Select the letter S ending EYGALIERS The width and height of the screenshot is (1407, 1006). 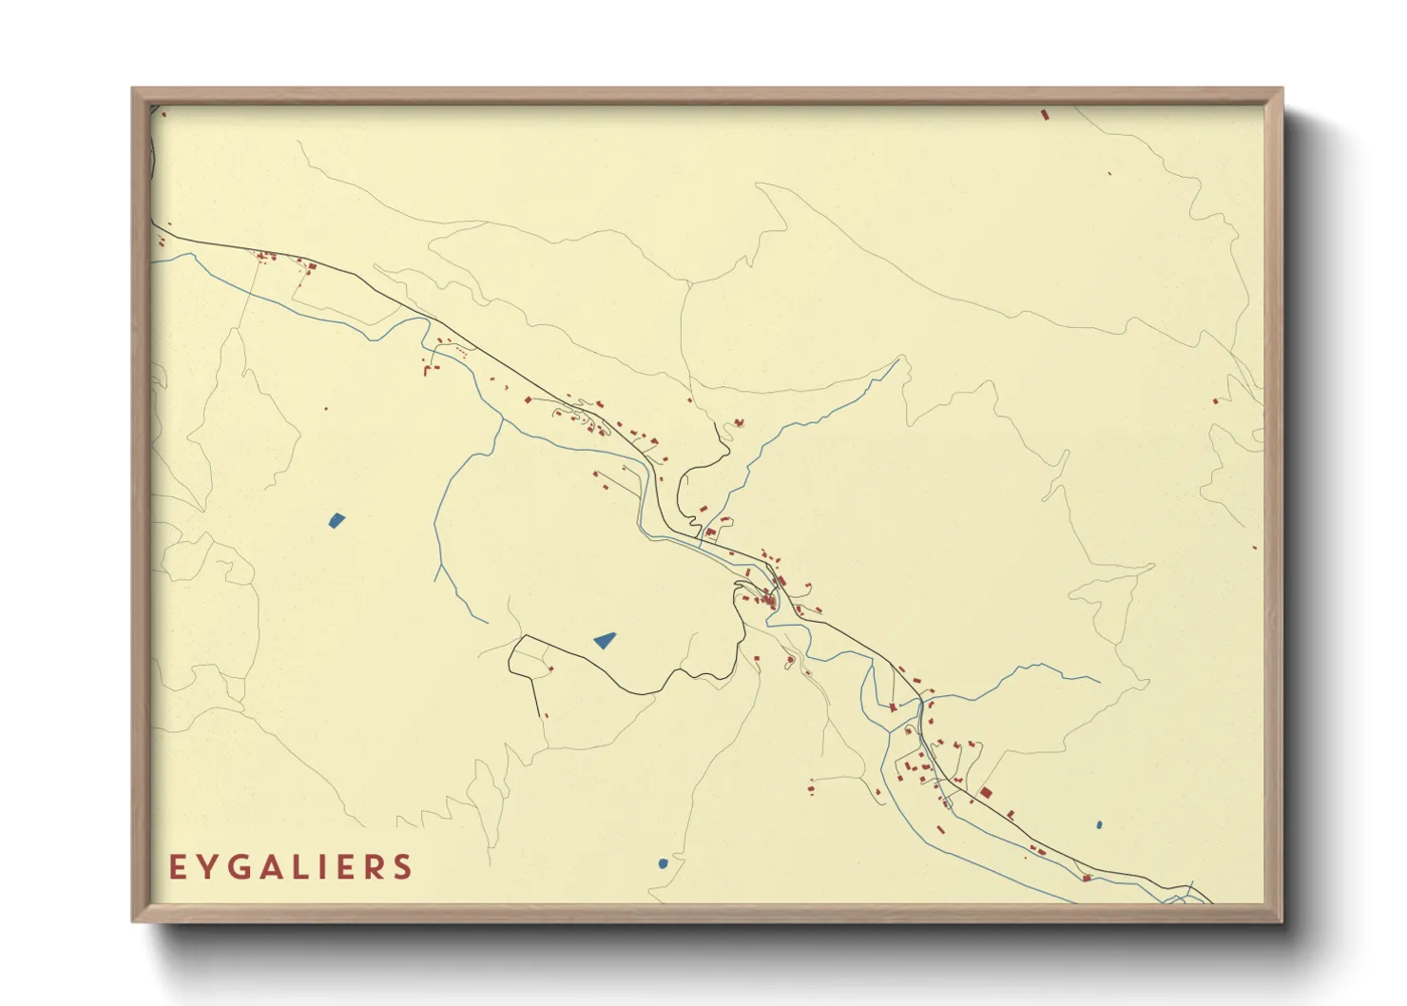click(x=404, y=867)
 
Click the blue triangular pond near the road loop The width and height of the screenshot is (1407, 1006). click(x=605, y=641)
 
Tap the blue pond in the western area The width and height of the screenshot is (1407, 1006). click(x=337, y=520)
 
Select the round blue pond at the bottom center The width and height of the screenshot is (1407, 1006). click(x=663, y=863)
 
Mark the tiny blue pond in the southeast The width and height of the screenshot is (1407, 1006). click(x=1099, y=825)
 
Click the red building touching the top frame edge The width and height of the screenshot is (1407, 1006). click(x=1045, y=114)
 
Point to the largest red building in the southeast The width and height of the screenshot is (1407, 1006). click(x=986, y=792)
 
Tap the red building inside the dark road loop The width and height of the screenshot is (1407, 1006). click(x=549, y=669)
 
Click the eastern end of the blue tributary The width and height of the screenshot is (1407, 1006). click(x=1099, y=681)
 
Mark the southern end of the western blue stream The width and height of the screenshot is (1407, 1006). click(x=486, y=623)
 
